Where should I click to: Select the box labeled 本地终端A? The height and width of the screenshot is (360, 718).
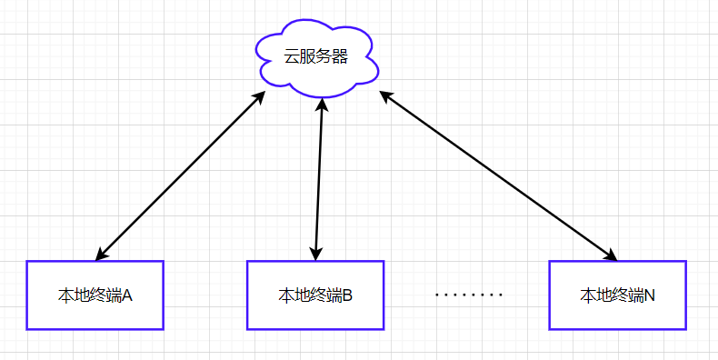coord(95,295)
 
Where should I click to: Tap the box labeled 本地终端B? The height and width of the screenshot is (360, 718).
coord(315,295)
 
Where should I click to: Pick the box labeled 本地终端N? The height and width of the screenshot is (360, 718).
coord(617,295)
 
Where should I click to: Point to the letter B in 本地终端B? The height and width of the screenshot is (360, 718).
coord(347,295)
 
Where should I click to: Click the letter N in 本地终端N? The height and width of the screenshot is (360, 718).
coord(649,295)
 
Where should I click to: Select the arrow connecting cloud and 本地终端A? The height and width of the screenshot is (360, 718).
coord(180,175)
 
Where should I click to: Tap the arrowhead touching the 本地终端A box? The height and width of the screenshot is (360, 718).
coord(100,255)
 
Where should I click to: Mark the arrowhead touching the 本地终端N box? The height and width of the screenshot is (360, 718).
coord(611,255)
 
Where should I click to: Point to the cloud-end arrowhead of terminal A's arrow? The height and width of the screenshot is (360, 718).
coord(260,96)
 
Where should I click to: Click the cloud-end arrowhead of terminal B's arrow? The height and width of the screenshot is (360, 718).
coord(320,104)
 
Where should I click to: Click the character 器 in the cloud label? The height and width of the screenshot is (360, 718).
coord(340,56)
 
